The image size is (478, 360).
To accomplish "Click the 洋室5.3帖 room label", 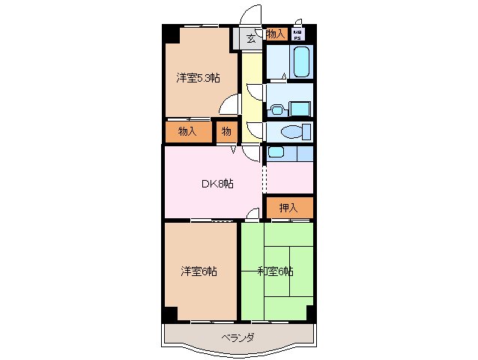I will click(x=198, y=77).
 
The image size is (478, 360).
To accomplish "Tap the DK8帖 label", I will click(x=217, y=184).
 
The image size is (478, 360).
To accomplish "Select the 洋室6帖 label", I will click(x=199, y=271).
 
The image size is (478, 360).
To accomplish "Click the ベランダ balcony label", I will click(x=237, y=337).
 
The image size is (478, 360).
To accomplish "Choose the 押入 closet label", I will click(x=288, y=208).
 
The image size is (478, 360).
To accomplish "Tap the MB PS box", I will click(x=298, y=34).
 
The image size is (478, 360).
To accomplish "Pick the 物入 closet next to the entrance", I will click(x=275, y=34).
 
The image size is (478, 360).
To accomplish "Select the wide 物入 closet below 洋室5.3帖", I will click(x=188, y=132).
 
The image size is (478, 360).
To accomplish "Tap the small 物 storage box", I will click(x=226, y=132).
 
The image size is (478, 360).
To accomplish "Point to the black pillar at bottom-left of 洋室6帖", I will click(x=172, y=314).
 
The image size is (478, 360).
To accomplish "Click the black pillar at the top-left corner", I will click(x=172, y=34).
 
